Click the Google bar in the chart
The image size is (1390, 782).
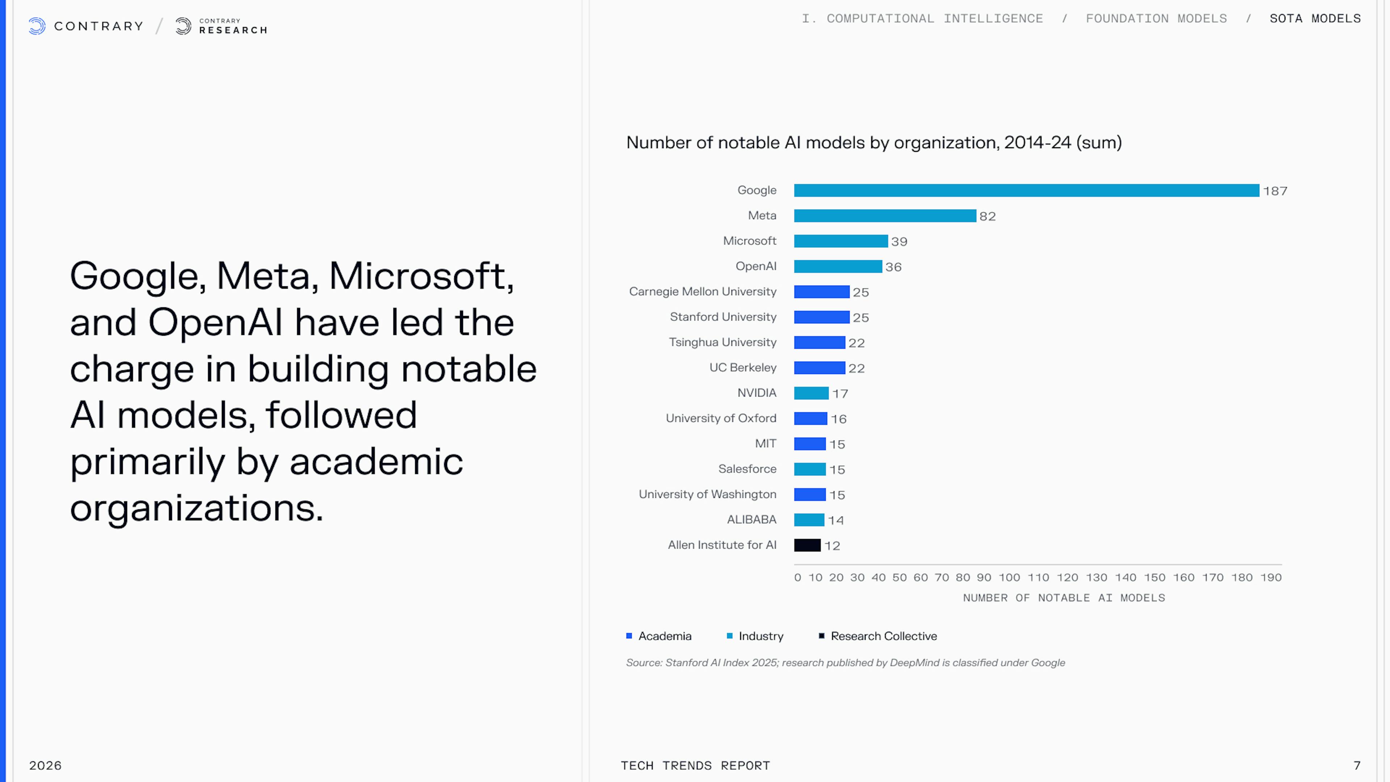(1026, 190)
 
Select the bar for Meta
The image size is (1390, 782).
(885, 216)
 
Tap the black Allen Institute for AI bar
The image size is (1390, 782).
(807, 545)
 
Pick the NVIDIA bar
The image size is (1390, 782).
(811, 393)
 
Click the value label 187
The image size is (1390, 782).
(1275, 191)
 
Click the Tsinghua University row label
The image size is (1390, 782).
(723, 342)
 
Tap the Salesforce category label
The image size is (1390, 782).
(747, 469)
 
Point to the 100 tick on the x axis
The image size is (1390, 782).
(1009, 577)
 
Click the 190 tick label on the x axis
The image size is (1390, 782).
(1271, 577)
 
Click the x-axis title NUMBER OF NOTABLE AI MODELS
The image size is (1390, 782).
(1064, 598)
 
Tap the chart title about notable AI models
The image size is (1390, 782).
(873, 143)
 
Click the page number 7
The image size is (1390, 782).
(1357, 765)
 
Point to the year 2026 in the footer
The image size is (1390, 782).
(45, 765)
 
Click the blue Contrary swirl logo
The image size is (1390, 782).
(37, 26)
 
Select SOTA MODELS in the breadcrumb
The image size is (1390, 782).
(1315, 19)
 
